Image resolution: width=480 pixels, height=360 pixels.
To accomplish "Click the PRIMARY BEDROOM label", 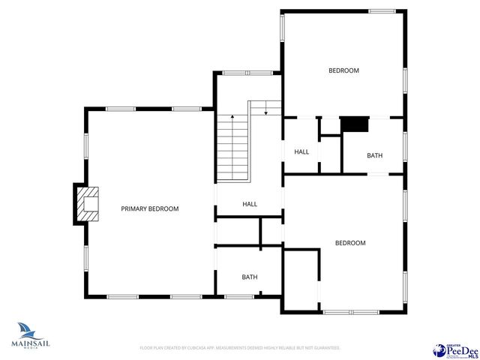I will [150, 208].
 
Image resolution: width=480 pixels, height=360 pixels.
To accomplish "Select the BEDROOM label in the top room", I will [343, 70].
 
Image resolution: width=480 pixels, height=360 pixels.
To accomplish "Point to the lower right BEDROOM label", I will [349, 243].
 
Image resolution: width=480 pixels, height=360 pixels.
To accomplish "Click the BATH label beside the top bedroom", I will [374, 156].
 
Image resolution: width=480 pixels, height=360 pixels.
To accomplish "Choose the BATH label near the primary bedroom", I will [249, 277].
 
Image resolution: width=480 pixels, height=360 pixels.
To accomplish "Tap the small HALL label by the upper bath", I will [301, 152].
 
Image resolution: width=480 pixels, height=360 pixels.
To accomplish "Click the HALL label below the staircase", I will [249, 204].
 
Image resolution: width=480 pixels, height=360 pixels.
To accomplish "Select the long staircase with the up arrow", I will [234, 148].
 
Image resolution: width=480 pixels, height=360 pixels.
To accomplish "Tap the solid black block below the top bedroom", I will [355, 124].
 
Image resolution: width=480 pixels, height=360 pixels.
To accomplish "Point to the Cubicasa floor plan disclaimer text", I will [240, 348].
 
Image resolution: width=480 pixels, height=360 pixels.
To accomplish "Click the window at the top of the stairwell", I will [239, 73].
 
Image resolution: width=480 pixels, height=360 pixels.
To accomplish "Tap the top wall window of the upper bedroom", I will [381, 11].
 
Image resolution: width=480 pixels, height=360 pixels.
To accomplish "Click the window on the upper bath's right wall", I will [405, 146].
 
